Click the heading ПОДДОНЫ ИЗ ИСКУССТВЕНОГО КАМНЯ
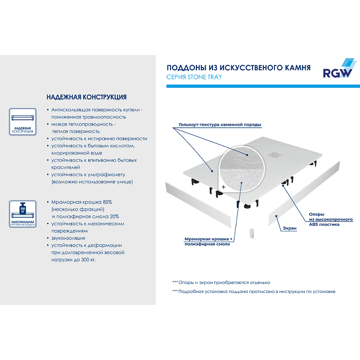coord(238,68)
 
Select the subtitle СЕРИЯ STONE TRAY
coord(194,77)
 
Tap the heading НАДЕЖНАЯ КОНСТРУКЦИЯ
coord(86,97)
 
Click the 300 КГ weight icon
coord(22,211)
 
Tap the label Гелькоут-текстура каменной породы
coord(220,125)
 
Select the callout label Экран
coord(290,229)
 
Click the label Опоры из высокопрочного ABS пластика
coord(330,219)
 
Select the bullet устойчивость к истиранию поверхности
coord(99,139)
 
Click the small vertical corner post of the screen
coord(252,234)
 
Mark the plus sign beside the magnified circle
coord(223,185)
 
